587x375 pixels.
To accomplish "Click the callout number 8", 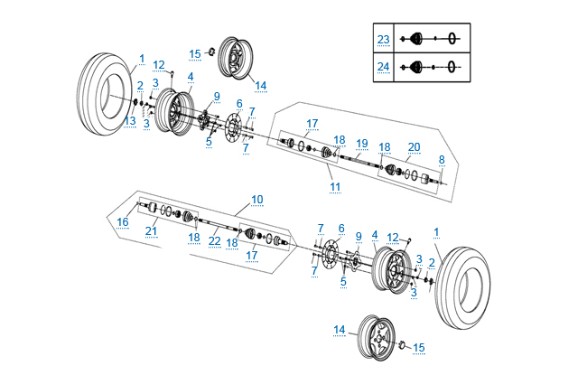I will click(x=442, y=159).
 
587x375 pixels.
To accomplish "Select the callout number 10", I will click(x=257, y=199).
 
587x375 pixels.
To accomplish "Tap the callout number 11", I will click(x=335, y=186).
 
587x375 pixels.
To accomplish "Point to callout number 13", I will click(x=131, y=121).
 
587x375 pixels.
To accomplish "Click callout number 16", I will click(x=123, y=221).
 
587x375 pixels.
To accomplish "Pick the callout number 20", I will click(x=414, y=146).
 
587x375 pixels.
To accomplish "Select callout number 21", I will click(x=152, y=230).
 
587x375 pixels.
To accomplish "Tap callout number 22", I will click(x=214, y=240).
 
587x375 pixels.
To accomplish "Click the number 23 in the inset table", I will click(x=383, y=39).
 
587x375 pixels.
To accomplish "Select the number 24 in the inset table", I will click(x=383, y=66).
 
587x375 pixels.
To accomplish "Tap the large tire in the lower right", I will click(x=465, y=287).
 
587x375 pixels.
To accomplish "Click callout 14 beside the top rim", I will click(x=260, y=86).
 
